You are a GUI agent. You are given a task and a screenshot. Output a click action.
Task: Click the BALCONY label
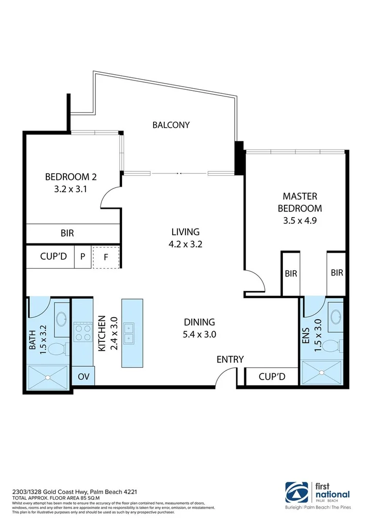pyautogui.click(x=171, y=125)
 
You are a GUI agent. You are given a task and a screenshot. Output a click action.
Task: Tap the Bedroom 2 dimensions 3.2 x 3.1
pyautogui.click(x=71, y=189)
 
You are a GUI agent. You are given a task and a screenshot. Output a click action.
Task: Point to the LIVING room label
pyautogui.click(x=185, y=232)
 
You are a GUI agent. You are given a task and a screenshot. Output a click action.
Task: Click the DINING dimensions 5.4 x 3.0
pyautogui.click(x=199, y=334)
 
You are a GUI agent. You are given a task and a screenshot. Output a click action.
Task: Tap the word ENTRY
pyautogui.click(x=230, y=359)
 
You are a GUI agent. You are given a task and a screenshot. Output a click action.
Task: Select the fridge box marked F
pyautogui.click(x=106, y=257)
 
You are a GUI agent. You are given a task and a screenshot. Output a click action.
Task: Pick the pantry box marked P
pyautogui.click(x=82, y=257)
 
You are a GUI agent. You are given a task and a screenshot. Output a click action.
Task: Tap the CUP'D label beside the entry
pyautogui.click(x=272, y=376)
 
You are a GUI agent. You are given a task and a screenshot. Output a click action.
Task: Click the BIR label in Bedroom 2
pyautogui.click(x=67, y=233)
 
